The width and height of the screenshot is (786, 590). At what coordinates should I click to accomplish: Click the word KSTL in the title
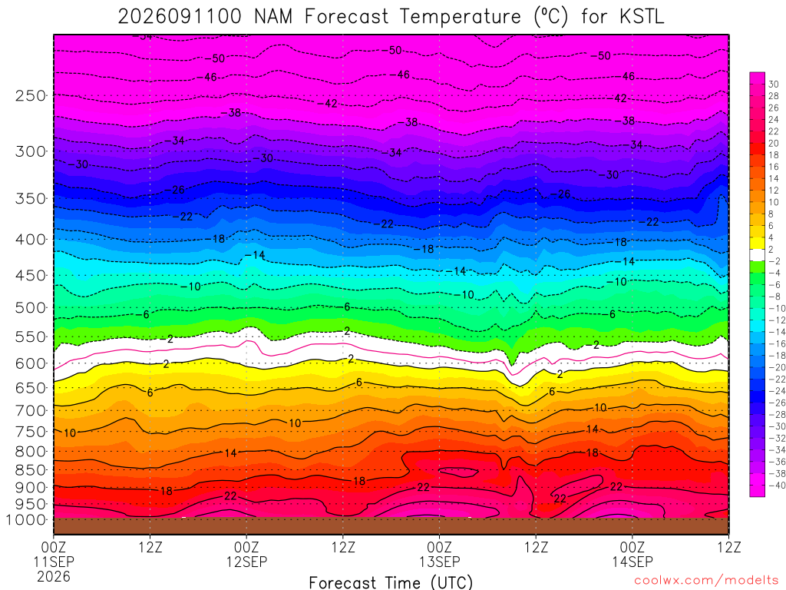[x=641, y=17]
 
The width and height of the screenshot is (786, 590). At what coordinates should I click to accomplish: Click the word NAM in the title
[x=273, y=17]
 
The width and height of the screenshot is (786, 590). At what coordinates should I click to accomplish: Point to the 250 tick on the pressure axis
[x=31, y=95]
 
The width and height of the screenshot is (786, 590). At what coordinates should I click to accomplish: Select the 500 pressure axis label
[x=31, y=307]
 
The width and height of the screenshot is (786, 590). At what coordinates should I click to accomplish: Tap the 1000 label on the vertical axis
[x=25, y=520]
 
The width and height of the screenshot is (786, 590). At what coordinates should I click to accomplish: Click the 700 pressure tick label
[x=31, y=410]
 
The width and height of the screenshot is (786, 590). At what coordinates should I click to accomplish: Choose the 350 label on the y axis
[x=31, y=199]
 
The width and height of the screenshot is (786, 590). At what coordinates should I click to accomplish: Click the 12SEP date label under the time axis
[x=246, y=562]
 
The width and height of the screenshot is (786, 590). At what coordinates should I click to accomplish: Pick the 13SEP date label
[x=440, y=562]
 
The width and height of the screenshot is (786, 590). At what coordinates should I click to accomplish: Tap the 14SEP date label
[x=632, y=562]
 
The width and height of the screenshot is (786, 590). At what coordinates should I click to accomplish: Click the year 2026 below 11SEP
[x=54, y=576]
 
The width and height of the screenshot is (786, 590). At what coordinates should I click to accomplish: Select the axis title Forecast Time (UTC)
[x=391, y=582]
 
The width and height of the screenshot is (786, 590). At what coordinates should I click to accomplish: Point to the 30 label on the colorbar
[x=774, y=85]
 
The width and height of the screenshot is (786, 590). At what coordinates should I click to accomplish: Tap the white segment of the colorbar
[x=758, y=255]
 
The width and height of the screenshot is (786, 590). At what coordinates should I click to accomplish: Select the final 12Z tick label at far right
[x=729, y=547]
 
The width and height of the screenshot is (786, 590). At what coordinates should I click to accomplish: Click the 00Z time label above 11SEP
[x=54, y=547]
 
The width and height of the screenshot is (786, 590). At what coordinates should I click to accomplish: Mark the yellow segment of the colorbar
[x=758, y=244]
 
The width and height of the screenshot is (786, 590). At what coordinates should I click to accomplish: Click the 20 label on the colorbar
[x=774, y=144]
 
